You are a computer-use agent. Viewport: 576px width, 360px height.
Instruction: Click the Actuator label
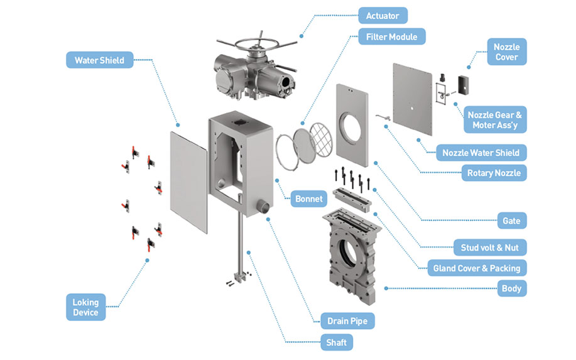(x=383, y=15)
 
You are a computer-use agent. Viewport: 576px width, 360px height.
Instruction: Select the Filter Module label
(x=391, y=36)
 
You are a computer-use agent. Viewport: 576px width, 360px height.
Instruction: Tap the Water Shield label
(x=99, y=60)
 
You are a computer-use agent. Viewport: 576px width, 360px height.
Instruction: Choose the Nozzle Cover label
(x=506, y=52)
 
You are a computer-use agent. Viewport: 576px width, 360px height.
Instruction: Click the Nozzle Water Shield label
(x=481, y=153)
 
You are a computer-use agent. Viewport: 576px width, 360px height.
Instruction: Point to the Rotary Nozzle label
(x=494, y=173)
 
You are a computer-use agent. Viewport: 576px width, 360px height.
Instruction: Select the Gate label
(x=511, y=221)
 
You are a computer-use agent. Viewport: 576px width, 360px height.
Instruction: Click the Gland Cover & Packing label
(x=476, y=268)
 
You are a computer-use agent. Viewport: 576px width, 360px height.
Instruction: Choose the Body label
(x=511, y=289)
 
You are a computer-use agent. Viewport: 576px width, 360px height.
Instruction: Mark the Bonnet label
(x=309, y=199)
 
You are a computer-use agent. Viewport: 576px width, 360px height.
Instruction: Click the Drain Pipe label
(x=347, y=321)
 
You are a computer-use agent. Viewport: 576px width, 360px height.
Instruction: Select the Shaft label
(x=336, y=342)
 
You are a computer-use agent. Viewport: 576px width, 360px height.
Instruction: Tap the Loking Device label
(x=85, y=307)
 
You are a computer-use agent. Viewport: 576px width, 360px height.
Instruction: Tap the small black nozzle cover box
(x=465, y=84)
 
